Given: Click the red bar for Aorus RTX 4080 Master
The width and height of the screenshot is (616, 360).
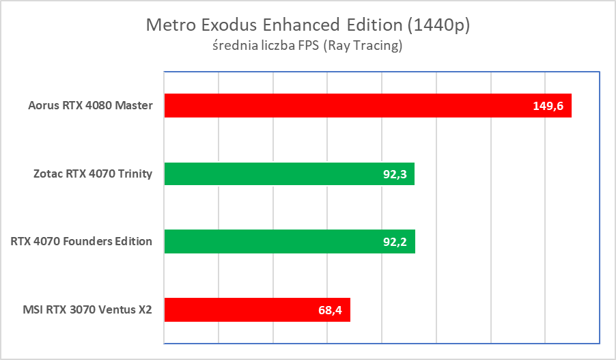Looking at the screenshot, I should point(341,106).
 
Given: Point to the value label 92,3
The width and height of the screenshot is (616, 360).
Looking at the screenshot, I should point(395,174).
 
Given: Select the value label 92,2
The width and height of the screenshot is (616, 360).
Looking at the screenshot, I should point(395,241).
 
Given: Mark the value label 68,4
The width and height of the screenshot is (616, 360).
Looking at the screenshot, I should point(330,309).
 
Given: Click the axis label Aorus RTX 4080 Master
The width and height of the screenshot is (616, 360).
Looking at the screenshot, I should point(90,106).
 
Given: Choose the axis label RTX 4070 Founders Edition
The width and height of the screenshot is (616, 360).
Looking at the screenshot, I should point(81,241).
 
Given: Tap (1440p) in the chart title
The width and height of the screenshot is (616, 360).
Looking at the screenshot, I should point(438,26).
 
